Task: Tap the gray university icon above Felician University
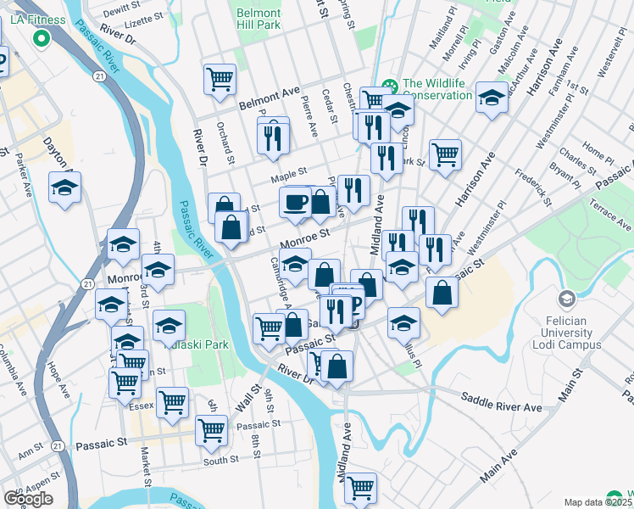[x=565, y=299]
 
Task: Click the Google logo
[x=28, y=499]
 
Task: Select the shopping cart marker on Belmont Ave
[x=220, y=79]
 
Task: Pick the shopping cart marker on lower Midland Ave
[x=360, y=488]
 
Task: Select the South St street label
[x=220, y=461]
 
